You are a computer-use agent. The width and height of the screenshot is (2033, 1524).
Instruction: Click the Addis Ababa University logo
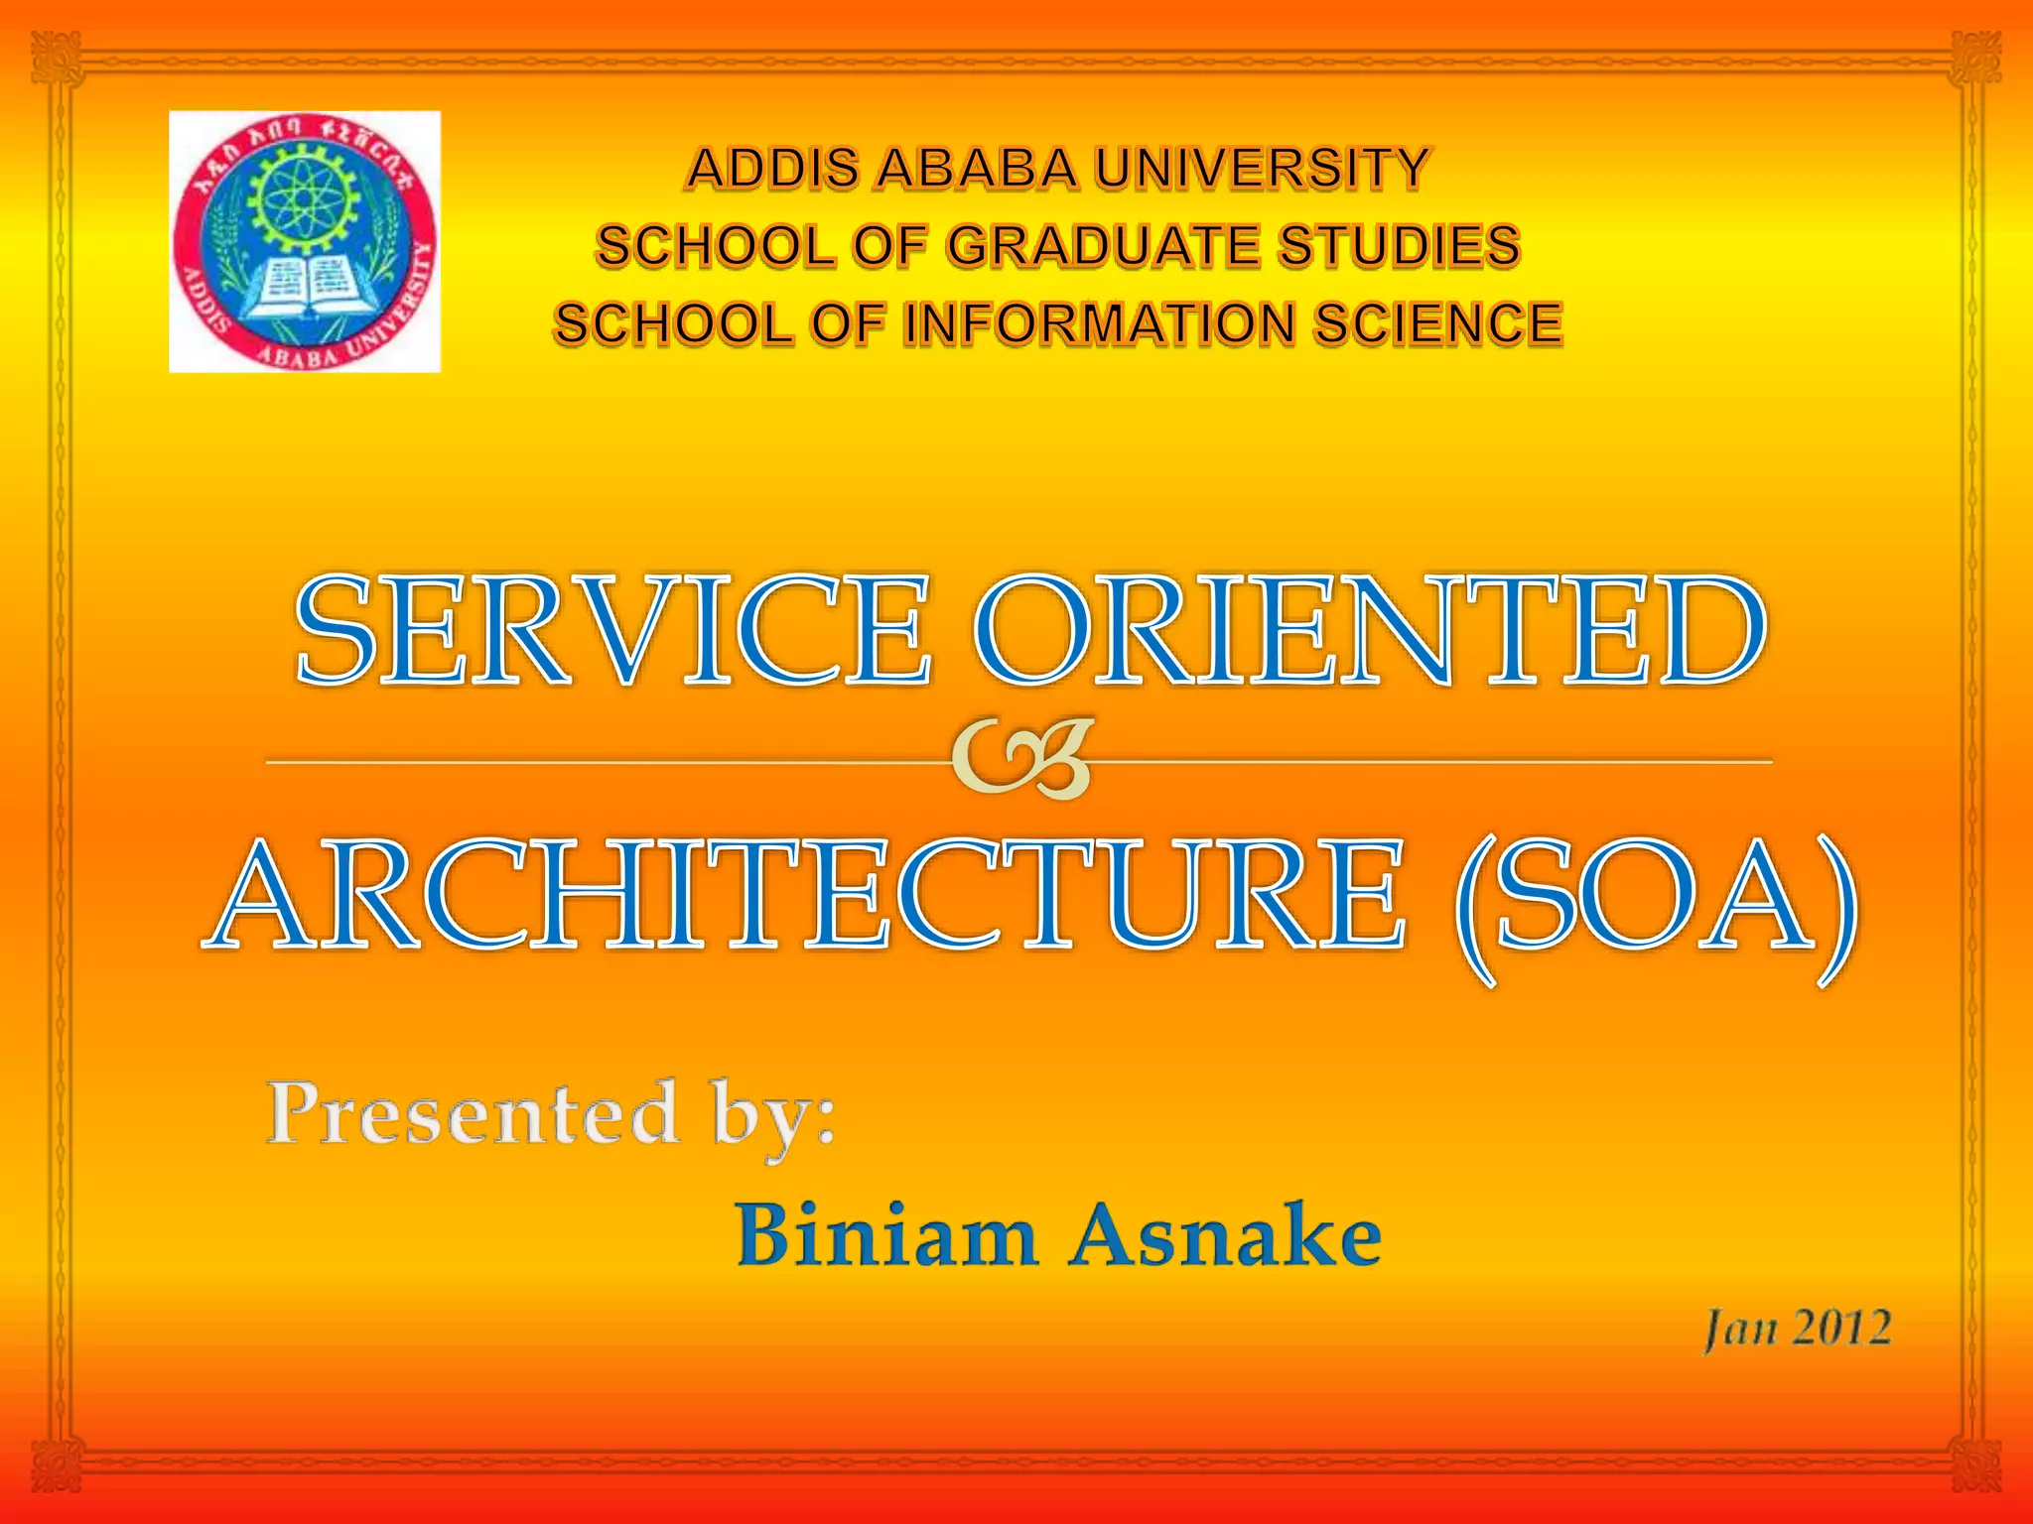pos(305,241)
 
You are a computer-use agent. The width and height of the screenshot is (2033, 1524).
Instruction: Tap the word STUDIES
pos(1399,246)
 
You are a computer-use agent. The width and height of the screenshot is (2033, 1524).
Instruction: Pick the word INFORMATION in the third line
pos(1100,324)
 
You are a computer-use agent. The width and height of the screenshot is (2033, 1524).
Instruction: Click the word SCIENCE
pos(1439,324)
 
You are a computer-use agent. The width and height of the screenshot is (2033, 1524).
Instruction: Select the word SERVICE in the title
pos(612,632)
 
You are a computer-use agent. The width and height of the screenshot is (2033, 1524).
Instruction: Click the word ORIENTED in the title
pos(1368,632)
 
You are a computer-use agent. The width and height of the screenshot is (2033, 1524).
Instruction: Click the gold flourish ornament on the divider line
pos(1022,760)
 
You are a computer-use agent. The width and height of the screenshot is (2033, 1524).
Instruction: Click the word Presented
pos(474,1113)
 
